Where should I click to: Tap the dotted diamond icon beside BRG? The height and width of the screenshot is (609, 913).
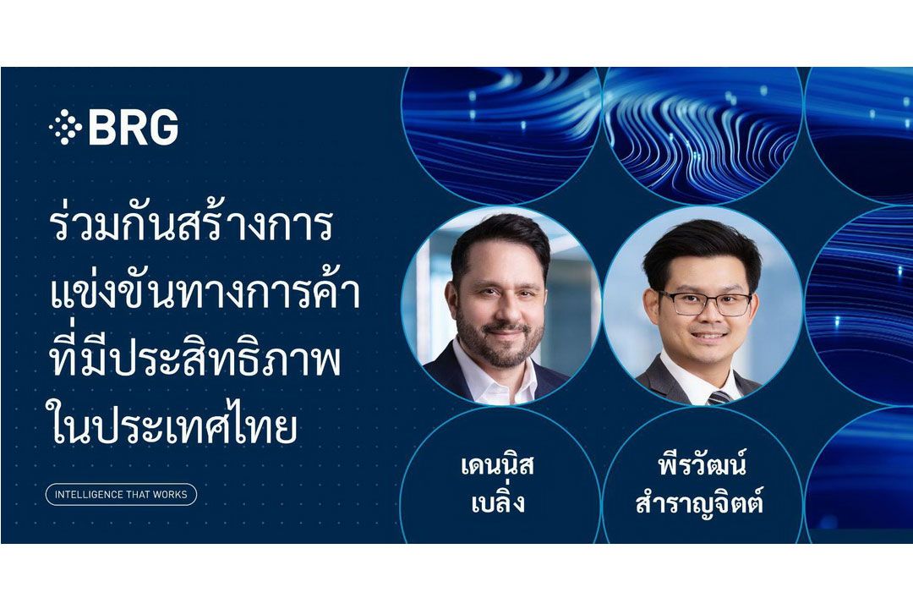[x=65, y=128]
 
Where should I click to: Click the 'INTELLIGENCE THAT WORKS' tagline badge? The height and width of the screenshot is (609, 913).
[x=121, y=494]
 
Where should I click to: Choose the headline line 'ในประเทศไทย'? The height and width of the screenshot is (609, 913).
[x=174, y=427]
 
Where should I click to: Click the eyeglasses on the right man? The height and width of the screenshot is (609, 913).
[x=705, y=302]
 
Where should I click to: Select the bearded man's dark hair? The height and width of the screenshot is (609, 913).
[x=499, y=239]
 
